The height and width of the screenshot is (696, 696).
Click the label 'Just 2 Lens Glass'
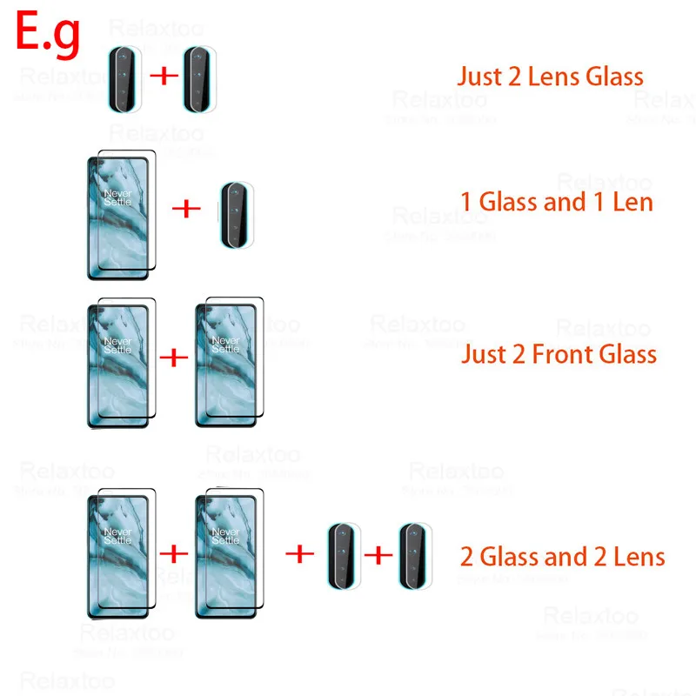pyautogui.click(x=551, y=76)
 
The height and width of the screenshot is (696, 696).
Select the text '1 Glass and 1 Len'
pyautogui.click(x=557, y=203)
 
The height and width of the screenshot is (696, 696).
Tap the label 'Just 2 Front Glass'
pyautogui.click(x=559, y=354)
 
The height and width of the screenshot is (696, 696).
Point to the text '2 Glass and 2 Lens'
pyautogui.click(x=562, y=556)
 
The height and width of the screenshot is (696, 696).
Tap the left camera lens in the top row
pyautogui.click(x=123, y=77)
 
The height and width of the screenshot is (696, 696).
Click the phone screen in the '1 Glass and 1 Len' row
pyautogui.click(x=119, y=214)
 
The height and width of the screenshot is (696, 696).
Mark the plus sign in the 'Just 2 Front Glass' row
pyautogui.click(x=174, y=357)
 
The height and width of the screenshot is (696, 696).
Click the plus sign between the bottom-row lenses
pyautogui.click(x=378, y=553)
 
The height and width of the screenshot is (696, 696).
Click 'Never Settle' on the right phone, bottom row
pyautogui.click(x=226, y=535)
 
